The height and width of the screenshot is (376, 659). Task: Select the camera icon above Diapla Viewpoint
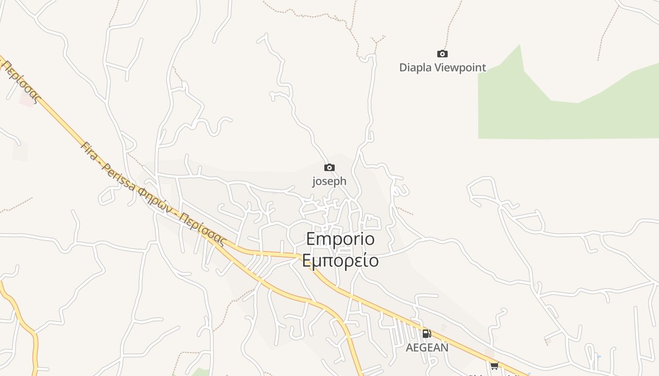(442, 54)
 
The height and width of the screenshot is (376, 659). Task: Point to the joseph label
(329, 181)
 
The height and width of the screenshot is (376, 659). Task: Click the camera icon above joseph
(329, 168)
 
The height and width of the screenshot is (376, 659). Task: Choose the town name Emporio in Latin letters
(340, 239)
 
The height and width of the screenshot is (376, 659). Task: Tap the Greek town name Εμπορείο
(340, 260)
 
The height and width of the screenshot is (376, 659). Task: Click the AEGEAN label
(427, 348)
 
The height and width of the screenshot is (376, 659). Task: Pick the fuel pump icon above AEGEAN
(426, 334)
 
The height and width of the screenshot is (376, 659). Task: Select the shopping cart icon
(494, 366)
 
